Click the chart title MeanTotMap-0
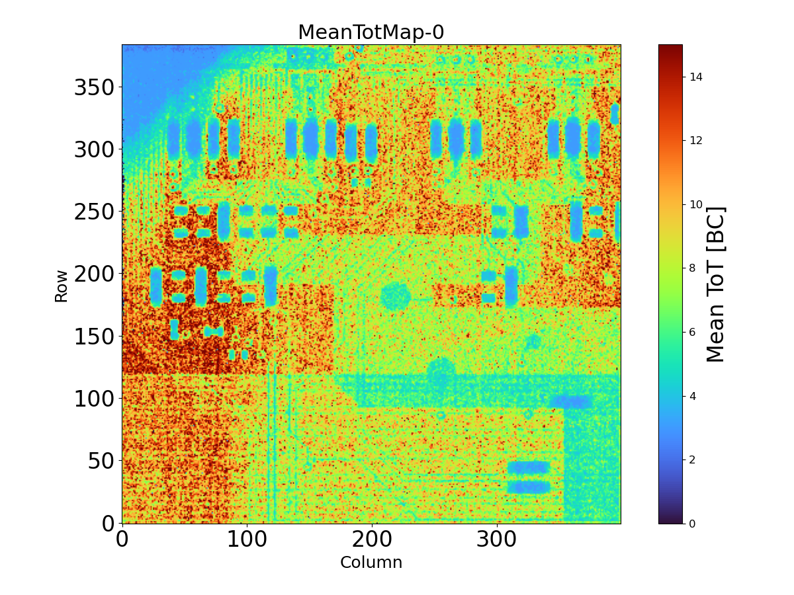coord(371,32)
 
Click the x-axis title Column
coord(371,563)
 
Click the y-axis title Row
coord(61,286)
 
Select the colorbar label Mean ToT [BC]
coord(716,284)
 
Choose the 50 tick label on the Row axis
coord(101,461)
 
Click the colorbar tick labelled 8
coord(682,268)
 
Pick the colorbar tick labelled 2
coord(682,459)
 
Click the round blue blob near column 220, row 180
coord(396,296)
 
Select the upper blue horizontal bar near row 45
coord(529,467)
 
